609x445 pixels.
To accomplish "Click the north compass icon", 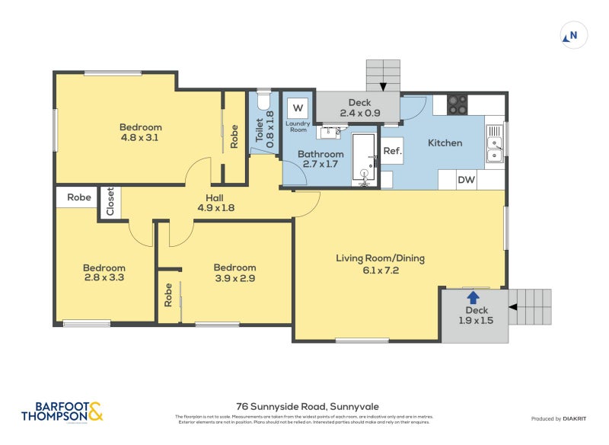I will click(572, 34).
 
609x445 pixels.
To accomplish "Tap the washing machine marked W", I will click(298, 107).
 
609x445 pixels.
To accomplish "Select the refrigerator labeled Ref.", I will click(392, 151).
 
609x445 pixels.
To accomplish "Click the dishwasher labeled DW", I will click(466, 181).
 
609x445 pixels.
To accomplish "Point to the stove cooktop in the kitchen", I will click(457, 104).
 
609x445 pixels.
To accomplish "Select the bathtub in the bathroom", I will click(365, 158).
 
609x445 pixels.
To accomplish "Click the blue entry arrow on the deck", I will click(473, 297).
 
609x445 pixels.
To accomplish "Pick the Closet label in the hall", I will click(110, 203).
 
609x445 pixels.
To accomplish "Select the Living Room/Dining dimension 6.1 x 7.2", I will click(379, 270).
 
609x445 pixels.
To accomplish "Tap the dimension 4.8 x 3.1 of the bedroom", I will click(141, 138).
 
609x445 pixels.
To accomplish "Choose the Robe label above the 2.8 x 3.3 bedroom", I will click(79, 197).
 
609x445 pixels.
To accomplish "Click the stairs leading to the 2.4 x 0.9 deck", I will click(383, 75).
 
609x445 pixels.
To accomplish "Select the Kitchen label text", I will click(445, 143).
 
